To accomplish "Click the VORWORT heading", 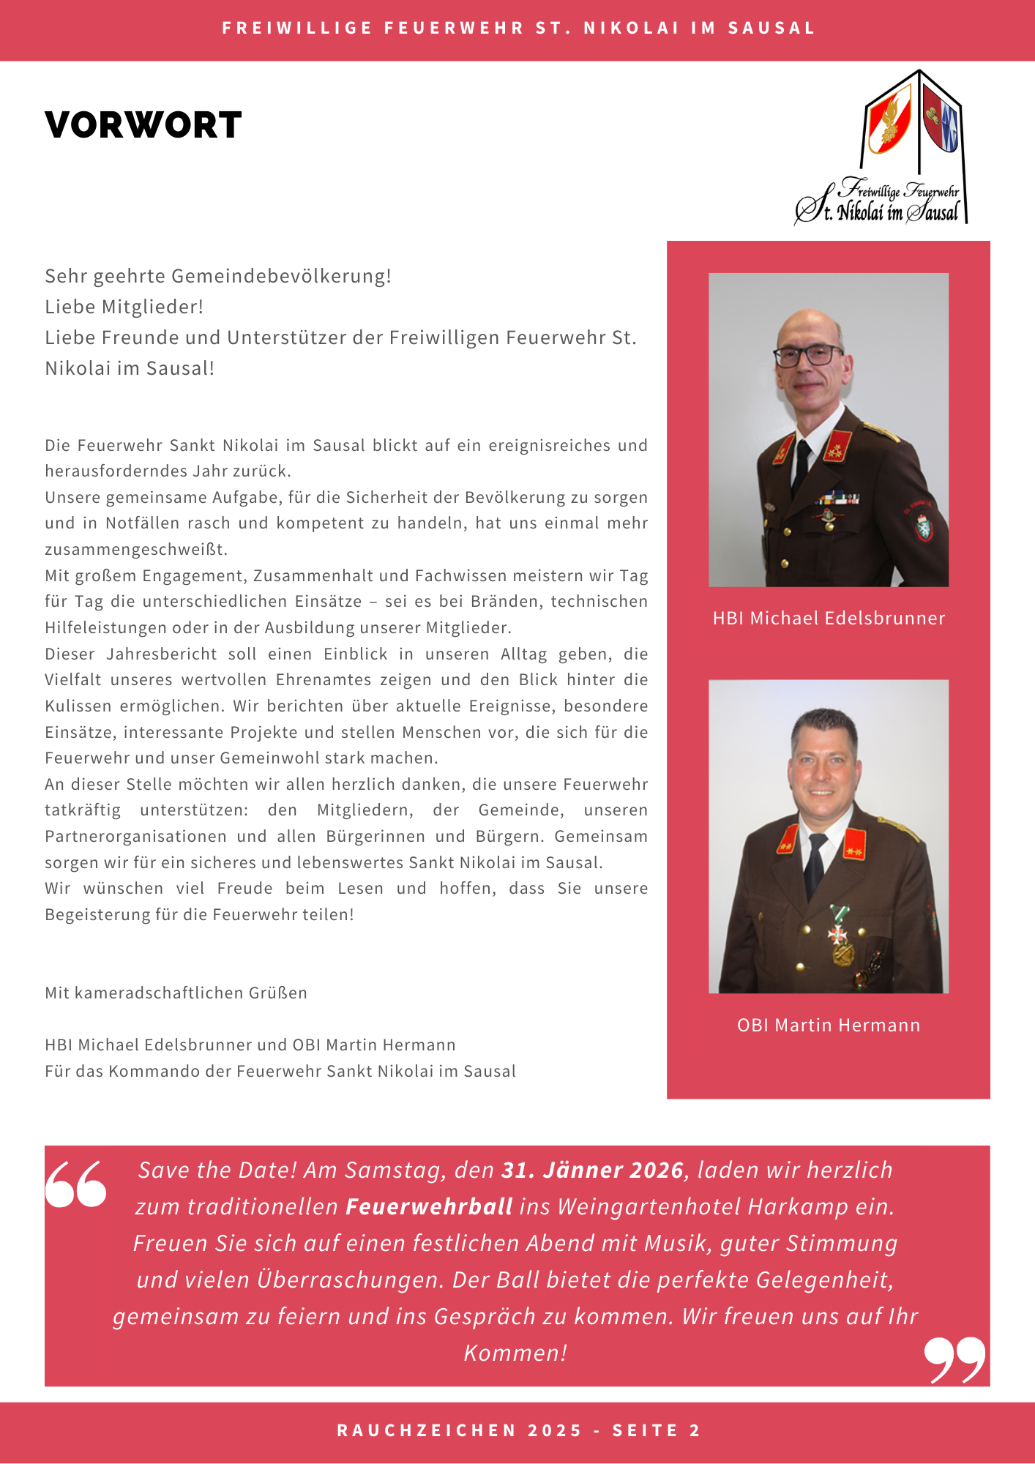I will (143, 125).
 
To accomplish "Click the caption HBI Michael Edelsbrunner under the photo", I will (829, 619).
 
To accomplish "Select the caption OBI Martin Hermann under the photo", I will (829, 1026).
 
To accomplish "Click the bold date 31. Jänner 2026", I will (592, 1170).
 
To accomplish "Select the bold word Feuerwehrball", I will (429, 1207).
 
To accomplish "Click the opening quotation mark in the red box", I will (75, 1184).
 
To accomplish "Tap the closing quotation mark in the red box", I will (954, 1359).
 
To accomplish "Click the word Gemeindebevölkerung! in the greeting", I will (281, 276).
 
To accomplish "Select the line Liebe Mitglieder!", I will (124, 307).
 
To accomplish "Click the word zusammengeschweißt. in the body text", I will (136, 549).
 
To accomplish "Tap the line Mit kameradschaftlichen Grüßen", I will (176, 993).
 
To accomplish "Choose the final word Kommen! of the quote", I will (515, 1353).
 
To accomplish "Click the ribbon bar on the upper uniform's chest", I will (839, 500).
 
